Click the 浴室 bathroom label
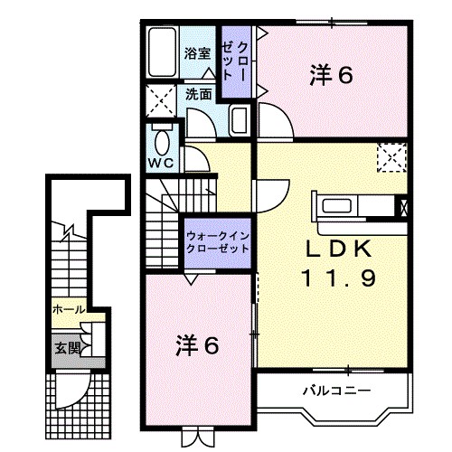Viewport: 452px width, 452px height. click(198, 53)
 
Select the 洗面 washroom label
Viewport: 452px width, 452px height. click(199, 93)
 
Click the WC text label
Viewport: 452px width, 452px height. click(161, 163)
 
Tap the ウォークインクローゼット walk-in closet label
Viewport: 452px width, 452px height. click(217, 241)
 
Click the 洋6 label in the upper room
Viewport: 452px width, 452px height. click(332, 76)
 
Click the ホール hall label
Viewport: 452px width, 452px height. click(69, 310)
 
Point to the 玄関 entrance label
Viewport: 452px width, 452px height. click(67, 347)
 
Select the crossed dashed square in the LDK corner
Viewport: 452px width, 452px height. click(392, 157)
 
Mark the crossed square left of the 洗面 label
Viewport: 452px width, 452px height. click(164, 98)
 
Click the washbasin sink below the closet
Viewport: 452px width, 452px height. click(240, 120)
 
